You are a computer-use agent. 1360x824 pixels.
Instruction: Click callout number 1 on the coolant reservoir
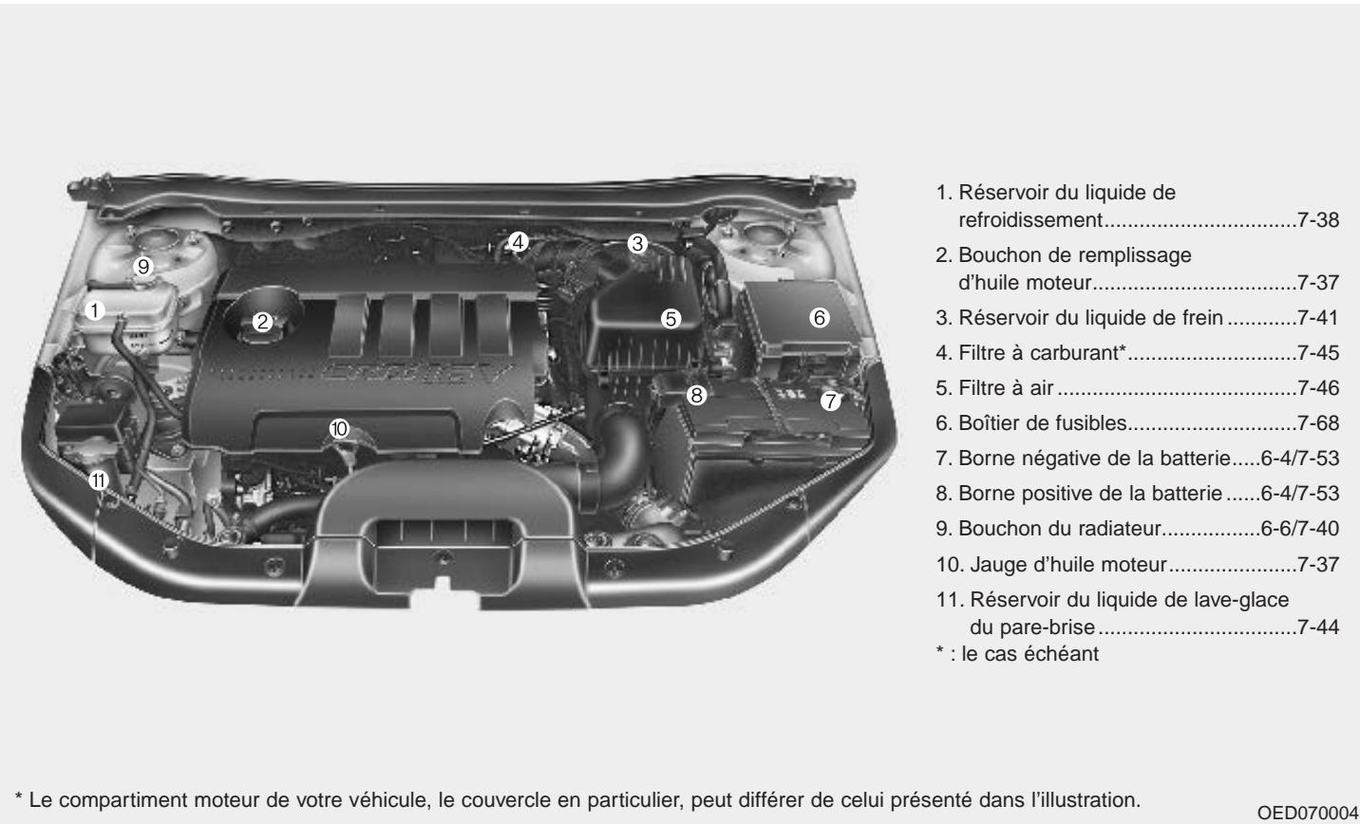[x=94, y=309]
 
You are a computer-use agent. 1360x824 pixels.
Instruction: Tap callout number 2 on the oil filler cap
[x=263, y=322]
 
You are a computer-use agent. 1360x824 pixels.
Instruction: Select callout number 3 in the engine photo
[x=637, y=244]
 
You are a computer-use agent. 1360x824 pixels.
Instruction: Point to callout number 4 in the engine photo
[x=517, y=242]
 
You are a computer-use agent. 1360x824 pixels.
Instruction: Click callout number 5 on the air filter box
[x=671, y=319]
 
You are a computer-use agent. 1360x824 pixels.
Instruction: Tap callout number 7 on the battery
[x=831, y=401]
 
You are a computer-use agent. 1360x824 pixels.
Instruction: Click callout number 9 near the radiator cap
[x=143, y=267]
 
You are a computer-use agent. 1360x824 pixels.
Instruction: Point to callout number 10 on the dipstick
[x=339, y=428]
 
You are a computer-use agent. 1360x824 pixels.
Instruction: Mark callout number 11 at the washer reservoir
[x=98, y=481]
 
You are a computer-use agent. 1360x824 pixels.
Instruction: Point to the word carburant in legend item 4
[x=1080, y=353]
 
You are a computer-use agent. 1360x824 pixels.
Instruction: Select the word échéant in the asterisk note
[x=1066, y=653]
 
